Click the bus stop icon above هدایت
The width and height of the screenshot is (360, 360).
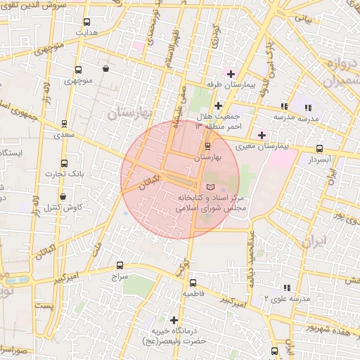pos(87,22)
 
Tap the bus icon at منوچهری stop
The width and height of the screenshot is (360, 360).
pos(77,70)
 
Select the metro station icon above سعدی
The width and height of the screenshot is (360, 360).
pos(65,123)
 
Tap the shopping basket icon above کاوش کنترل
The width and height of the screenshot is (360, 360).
pos(64,197)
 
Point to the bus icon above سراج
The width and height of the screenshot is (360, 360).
pos(120,266)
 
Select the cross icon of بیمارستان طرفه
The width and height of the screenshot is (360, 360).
pos(231,74)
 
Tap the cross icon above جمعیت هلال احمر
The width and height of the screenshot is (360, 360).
pos(218,105)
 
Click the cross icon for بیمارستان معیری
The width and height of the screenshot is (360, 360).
pos(262,135)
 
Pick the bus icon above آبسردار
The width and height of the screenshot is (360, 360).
pos(320,148)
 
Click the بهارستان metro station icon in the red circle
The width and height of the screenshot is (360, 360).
pos(207,147)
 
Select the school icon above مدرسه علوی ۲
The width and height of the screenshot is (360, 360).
pos(286,288)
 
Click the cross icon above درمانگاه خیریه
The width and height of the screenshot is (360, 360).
pos(174,320)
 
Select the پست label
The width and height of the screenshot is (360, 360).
pos(44,307)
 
